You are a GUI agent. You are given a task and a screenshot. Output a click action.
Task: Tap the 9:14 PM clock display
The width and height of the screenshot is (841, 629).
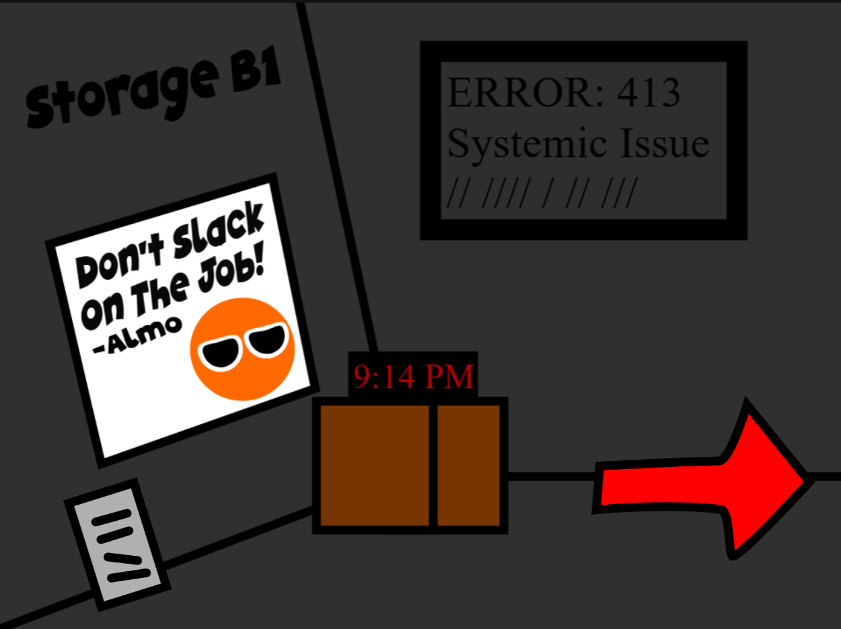click(413, 376)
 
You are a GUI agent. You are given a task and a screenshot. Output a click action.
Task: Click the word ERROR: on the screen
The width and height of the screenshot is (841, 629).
click(525, 93)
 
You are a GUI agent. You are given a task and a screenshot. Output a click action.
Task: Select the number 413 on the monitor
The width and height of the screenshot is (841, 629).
click(649, 93)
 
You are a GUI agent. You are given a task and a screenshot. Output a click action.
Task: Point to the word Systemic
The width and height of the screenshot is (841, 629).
click(527, 144)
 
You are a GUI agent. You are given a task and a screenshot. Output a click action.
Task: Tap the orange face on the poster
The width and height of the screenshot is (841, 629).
click(242, 349)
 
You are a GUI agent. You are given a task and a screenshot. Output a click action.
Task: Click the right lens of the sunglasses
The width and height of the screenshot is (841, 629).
click(267, 340)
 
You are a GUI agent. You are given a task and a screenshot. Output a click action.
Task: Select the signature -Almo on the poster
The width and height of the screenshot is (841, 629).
click(137, 335)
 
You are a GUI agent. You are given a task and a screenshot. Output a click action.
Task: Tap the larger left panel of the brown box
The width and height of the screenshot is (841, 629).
click(374, 466)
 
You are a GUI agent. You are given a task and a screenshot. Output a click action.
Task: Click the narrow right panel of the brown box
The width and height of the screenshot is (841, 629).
click(468, 466)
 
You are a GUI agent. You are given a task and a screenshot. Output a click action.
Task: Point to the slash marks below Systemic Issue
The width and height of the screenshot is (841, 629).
click(542, 192)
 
